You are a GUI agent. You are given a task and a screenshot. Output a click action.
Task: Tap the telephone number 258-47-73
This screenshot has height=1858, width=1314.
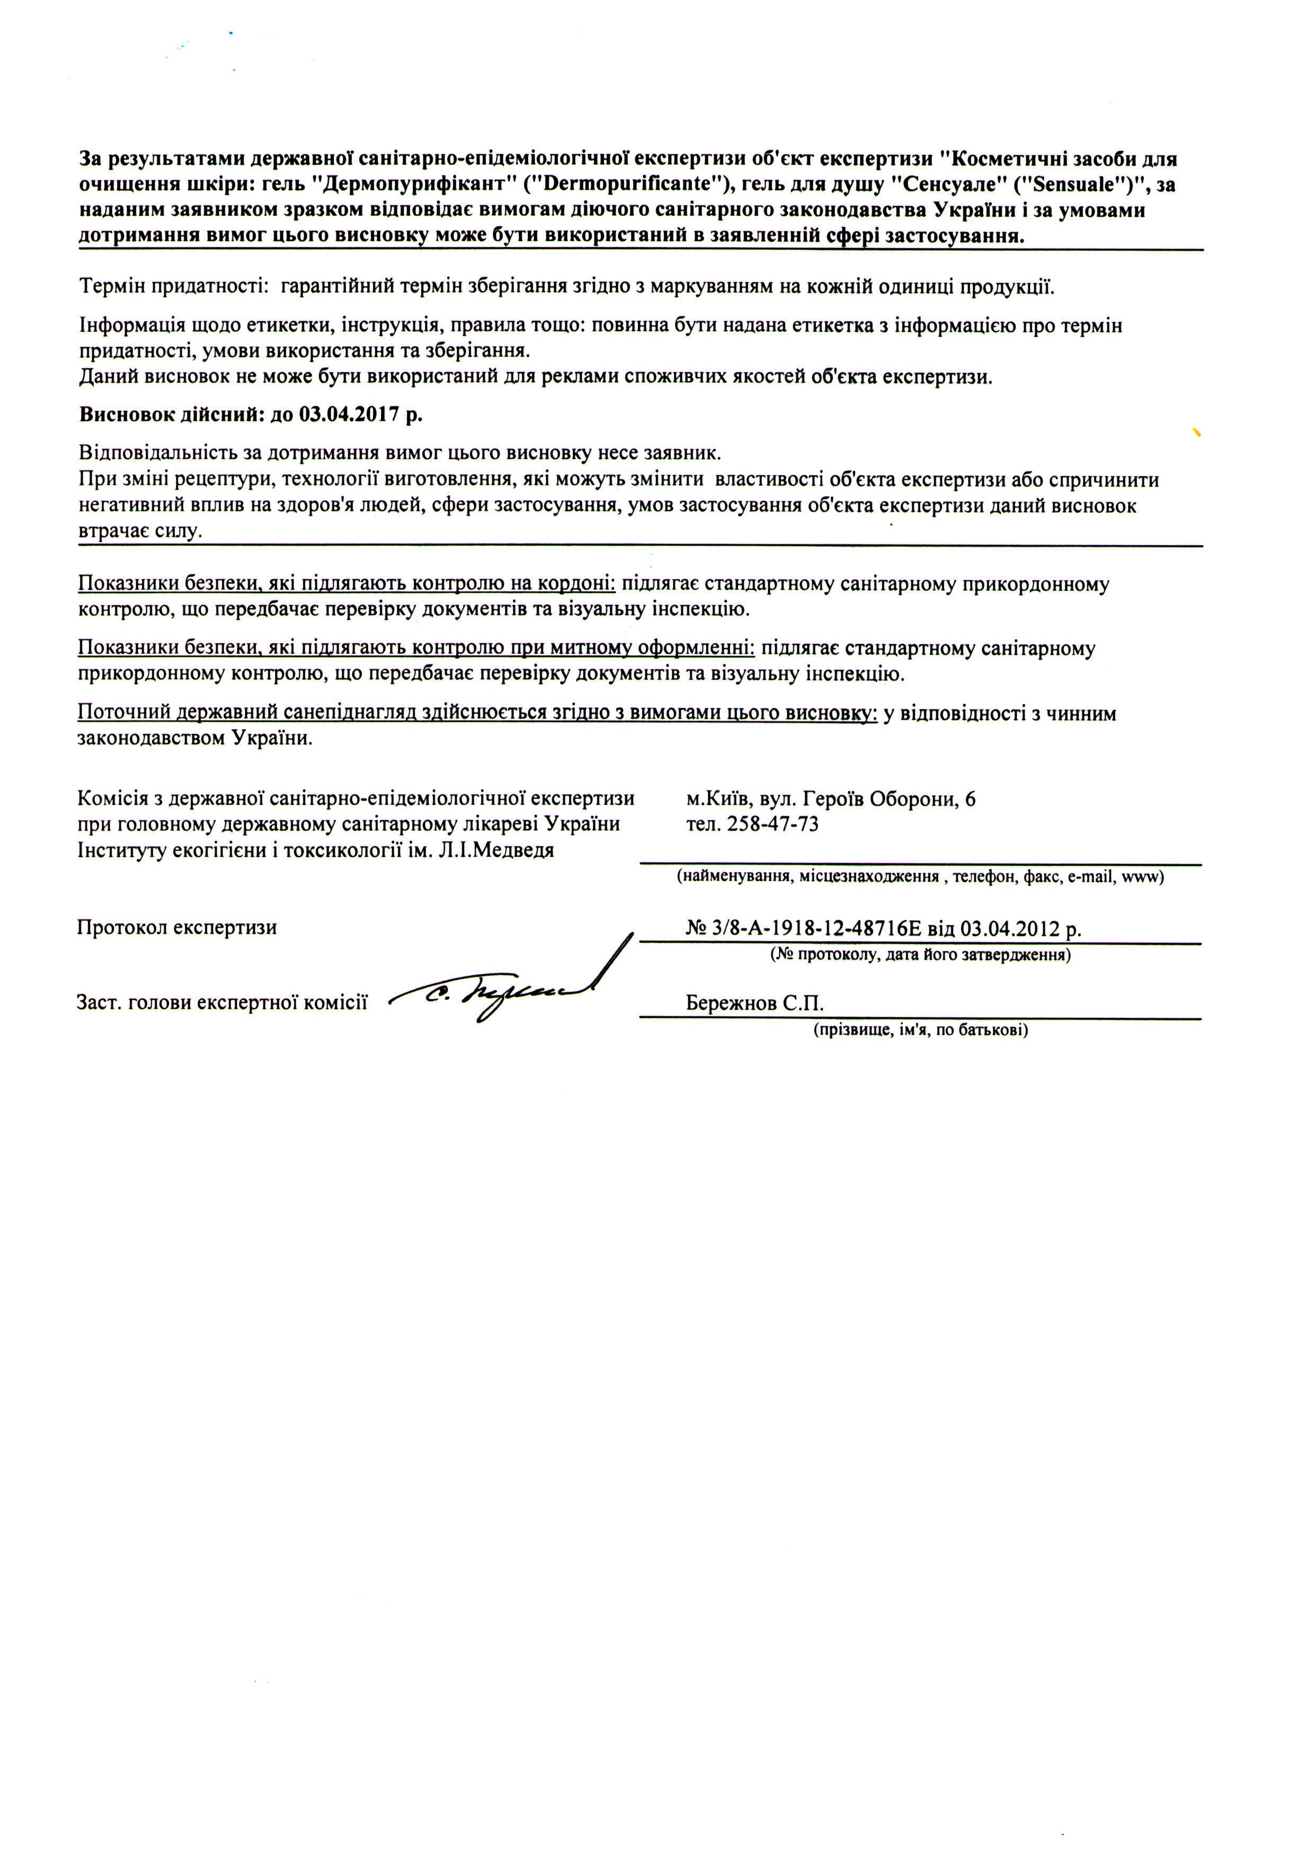coord(773,824)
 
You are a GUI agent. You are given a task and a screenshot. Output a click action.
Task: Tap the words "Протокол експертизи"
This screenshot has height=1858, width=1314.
coord(176,927)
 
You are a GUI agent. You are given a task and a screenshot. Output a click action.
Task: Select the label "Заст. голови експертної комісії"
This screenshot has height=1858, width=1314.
coord(221,1002)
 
